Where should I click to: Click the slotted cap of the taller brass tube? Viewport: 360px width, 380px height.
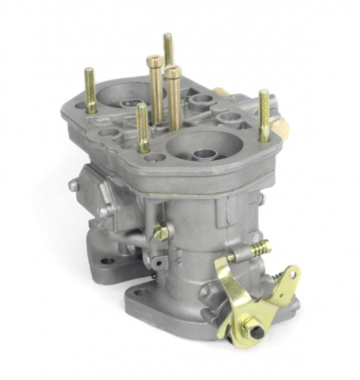point(155,61)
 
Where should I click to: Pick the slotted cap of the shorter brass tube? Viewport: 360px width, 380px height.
point(172,71)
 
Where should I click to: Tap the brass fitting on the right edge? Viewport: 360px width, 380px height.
point(280,127)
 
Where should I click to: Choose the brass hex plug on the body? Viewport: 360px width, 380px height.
point(161,231)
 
